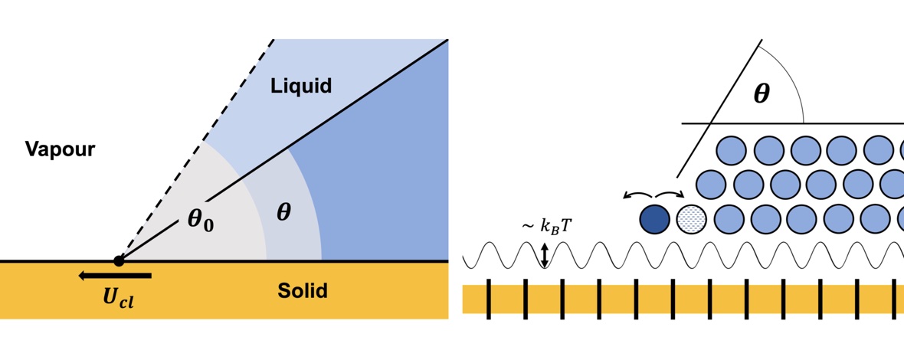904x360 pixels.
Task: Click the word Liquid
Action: click(x=301, y=86)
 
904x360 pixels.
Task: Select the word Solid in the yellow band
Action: click(x=303, y=291)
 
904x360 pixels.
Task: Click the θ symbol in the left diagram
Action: click(x=283, y=211)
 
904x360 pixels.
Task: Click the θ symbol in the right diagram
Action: click(x=762, y=94)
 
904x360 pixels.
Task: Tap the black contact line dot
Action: click(x=119, y=261)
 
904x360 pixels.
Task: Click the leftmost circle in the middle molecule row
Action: click(x=712, y=185)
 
